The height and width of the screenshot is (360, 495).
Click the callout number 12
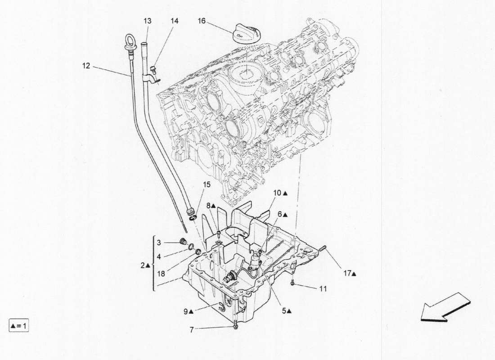pos(86,66)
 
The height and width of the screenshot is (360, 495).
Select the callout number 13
pos(148,21)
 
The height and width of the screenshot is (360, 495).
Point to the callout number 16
pos(202,21)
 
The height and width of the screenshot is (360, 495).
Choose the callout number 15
pos(206,184)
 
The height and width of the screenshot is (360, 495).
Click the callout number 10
pos(277,193)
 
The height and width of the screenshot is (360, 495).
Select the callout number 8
pos(209,206)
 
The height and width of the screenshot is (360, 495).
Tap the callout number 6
pos(279,215)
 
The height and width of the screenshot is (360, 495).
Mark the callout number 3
pos(159,243)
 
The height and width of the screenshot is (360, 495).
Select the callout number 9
pos(185,310)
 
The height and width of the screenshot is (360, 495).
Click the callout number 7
pos(191,330)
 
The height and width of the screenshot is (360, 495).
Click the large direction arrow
pos(445,307)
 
